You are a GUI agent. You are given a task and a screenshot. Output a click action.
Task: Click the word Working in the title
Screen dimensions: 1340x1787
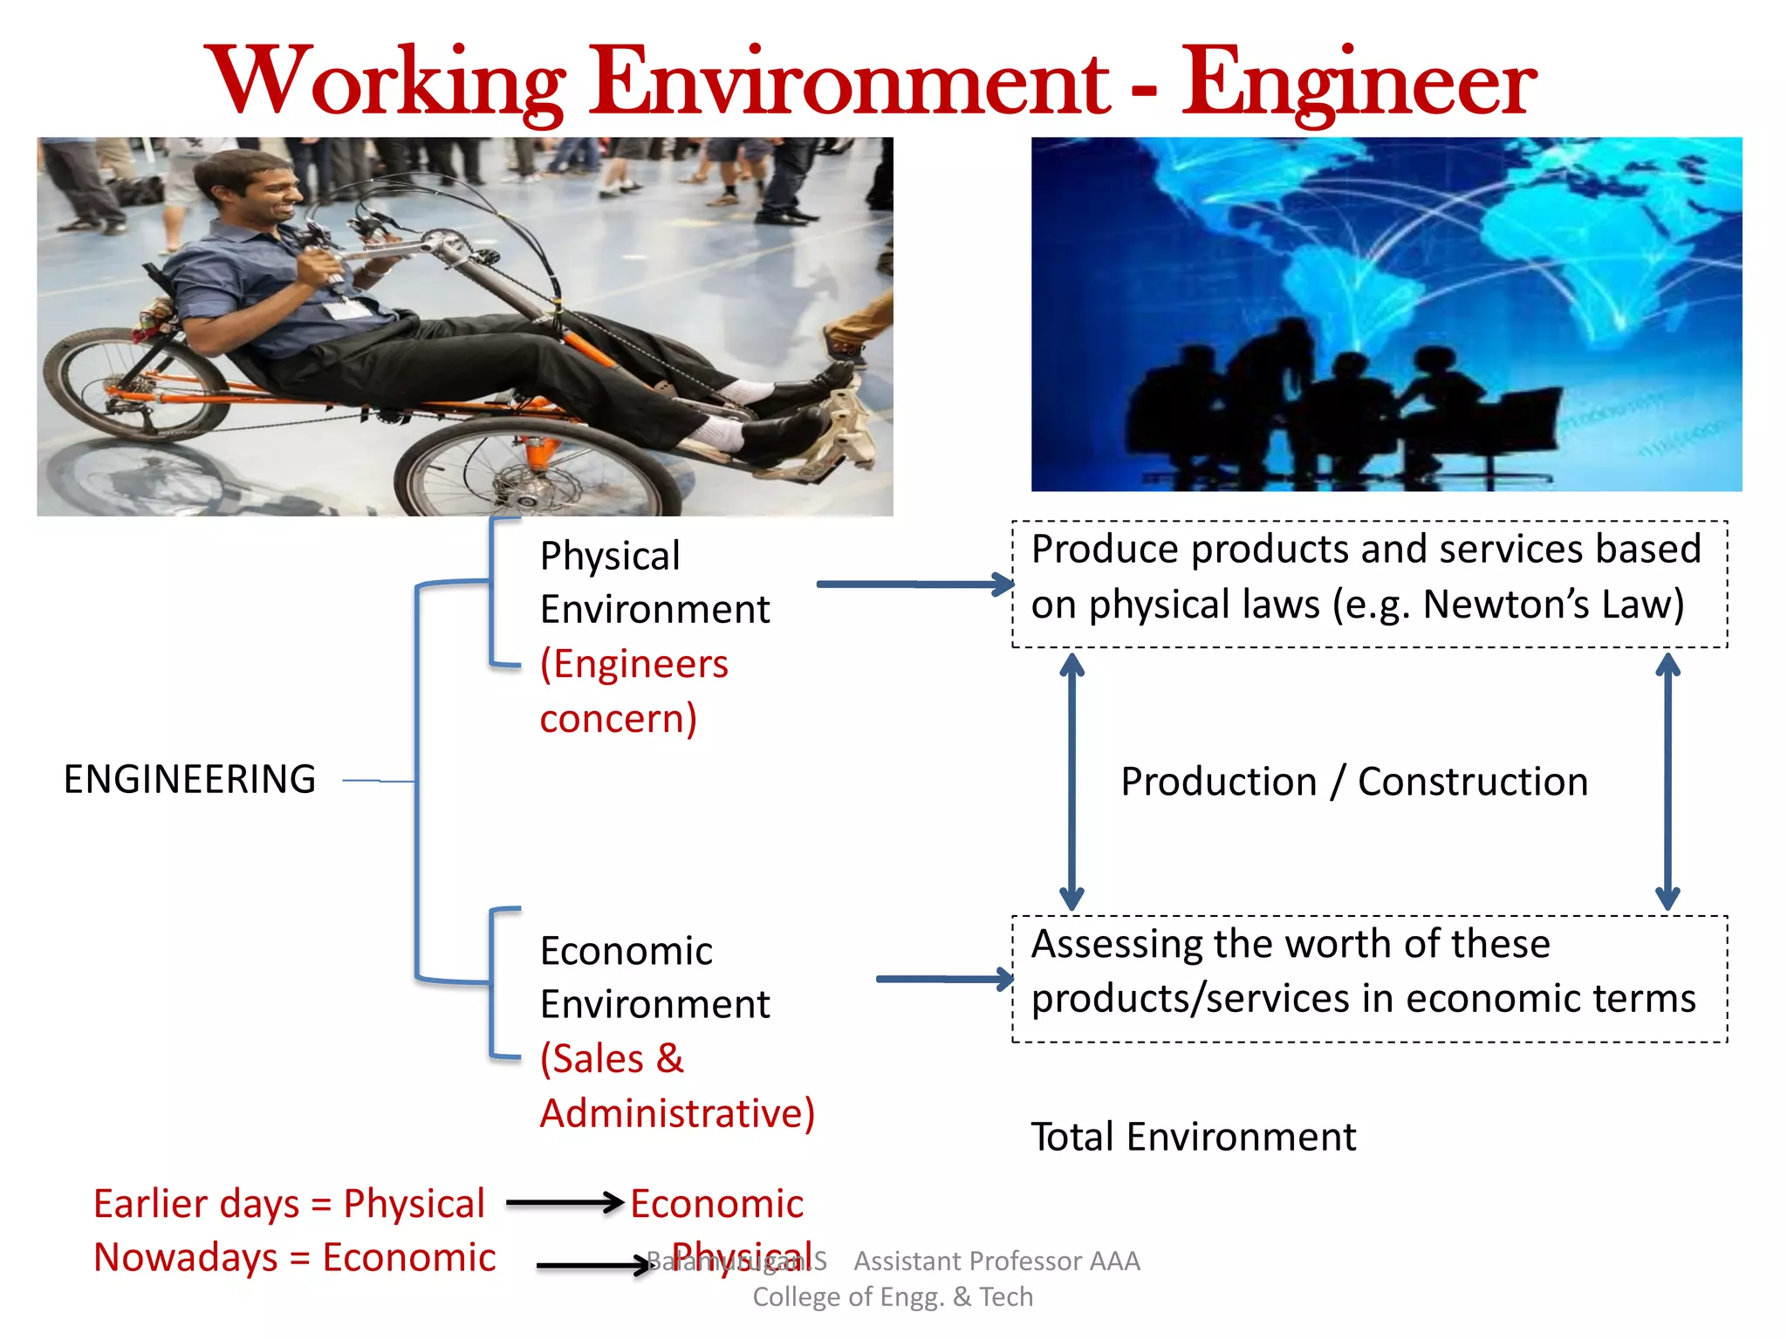tap(384, 83)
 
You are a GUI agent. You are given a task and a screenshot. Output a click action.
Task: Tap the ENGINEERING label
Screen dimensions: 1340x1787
tap(189, 779)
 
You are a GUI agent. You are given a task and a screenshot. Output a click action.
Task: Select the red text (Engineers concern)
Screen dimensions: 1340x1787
tap(633, 691)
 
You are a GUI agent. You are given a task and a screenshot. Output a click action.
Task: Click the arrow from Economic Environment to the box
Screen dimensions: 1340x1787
tap(944, 979)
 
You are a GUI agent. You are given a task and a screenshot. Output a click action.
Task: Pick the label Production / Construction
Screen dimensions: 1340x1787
tap(1353, 781)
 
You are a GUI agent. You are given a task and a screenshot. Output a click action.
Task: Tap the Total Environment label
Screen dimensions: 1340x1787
tap(1193, 1137)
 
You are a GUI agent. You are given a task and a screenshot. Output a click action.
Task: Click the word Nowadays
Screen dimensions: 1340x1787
tap(185, 1257)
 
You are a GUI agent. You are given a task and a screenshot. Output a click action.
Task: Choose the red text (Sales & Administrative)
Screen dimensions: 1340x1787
tap(676, 1086)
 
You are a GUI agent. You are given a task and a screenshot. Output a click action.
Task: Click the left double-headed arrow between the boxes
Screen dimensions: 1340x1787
tap(1072, 782)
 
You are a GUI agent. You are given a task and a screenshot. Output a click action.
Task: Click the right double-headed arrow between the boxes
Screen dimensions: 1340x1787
tap(1667, 782)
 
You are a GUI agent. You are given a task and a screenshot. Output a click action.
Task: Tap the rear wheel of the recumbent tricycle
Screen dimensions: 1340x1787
tap(131, 384)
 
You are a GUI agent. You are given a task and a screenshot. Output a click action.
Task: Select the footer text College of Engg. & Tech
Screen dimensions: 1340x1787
tap(892, 1297)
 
